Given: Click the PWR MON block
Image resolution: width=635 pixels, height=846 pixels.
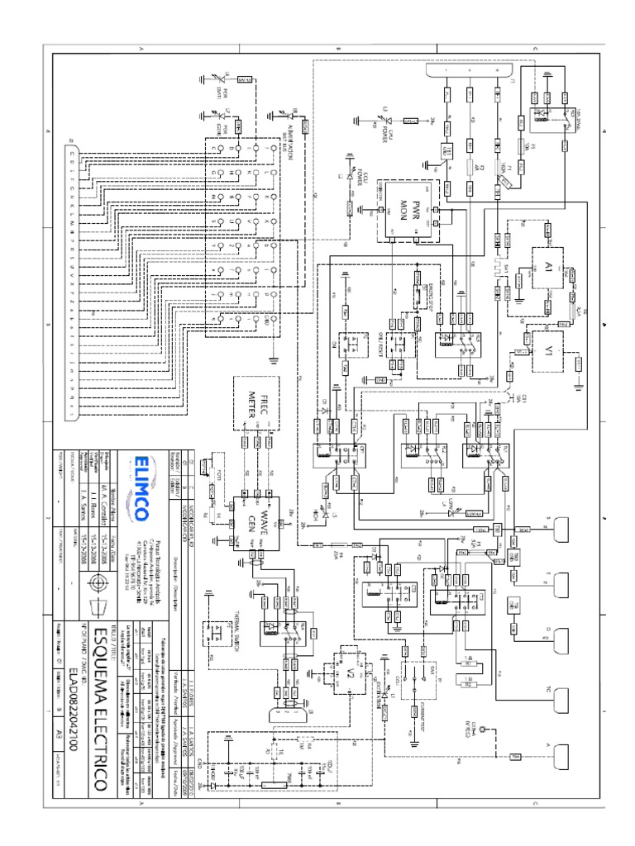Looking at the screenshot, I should [410, 211].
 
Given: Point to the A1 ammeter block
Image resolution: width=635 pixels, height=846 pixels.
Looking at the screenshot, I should [545, 268].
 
